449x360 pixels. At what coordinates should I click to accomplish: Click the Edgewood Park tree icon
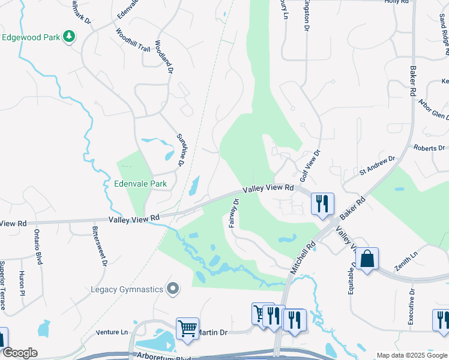click(70, 37)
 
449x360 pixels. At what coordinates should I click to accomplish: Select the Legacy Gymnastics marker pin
click(173, 289)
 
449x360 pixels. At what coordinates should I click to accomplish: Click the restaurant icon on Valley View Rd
click(322, 203)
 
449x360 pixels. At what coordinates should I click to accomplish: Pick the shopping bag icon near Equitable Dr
click(367, 259)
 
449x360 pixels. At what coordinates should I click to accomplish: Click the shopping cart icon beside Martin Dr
click(187, 329)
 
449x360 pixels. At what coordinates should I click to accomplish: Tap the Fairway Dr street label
click(234, 213)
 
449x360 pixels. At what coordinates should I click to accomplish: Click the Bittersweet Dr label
click(100, 246)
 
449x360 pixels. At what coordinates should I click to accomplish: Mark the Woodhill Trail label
click(133, 40)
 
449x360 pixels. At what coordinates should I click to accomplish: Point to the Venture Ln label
click(112, 332)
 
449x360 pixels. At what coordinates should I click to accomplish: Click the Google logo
click(20, 353)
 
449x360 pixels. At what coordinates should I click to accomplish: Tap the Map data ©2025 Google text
click(412, 355)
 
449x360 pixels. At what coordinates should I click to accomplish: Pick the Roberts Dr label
click(429, 147)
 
